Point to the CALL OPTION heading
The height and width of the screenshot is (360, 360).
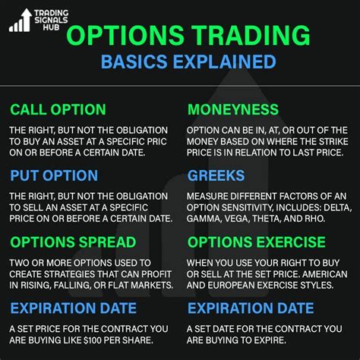[58, 109]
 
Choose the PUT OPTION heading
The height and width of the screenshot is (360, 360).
[54, 175]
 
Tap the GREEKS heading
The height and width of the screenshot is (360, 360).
[216, 175]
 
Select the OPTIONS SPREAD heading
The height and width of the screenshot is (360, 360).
[73, 242]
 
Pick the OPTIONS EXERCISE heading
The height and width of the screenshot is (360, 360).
[257, 242]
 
